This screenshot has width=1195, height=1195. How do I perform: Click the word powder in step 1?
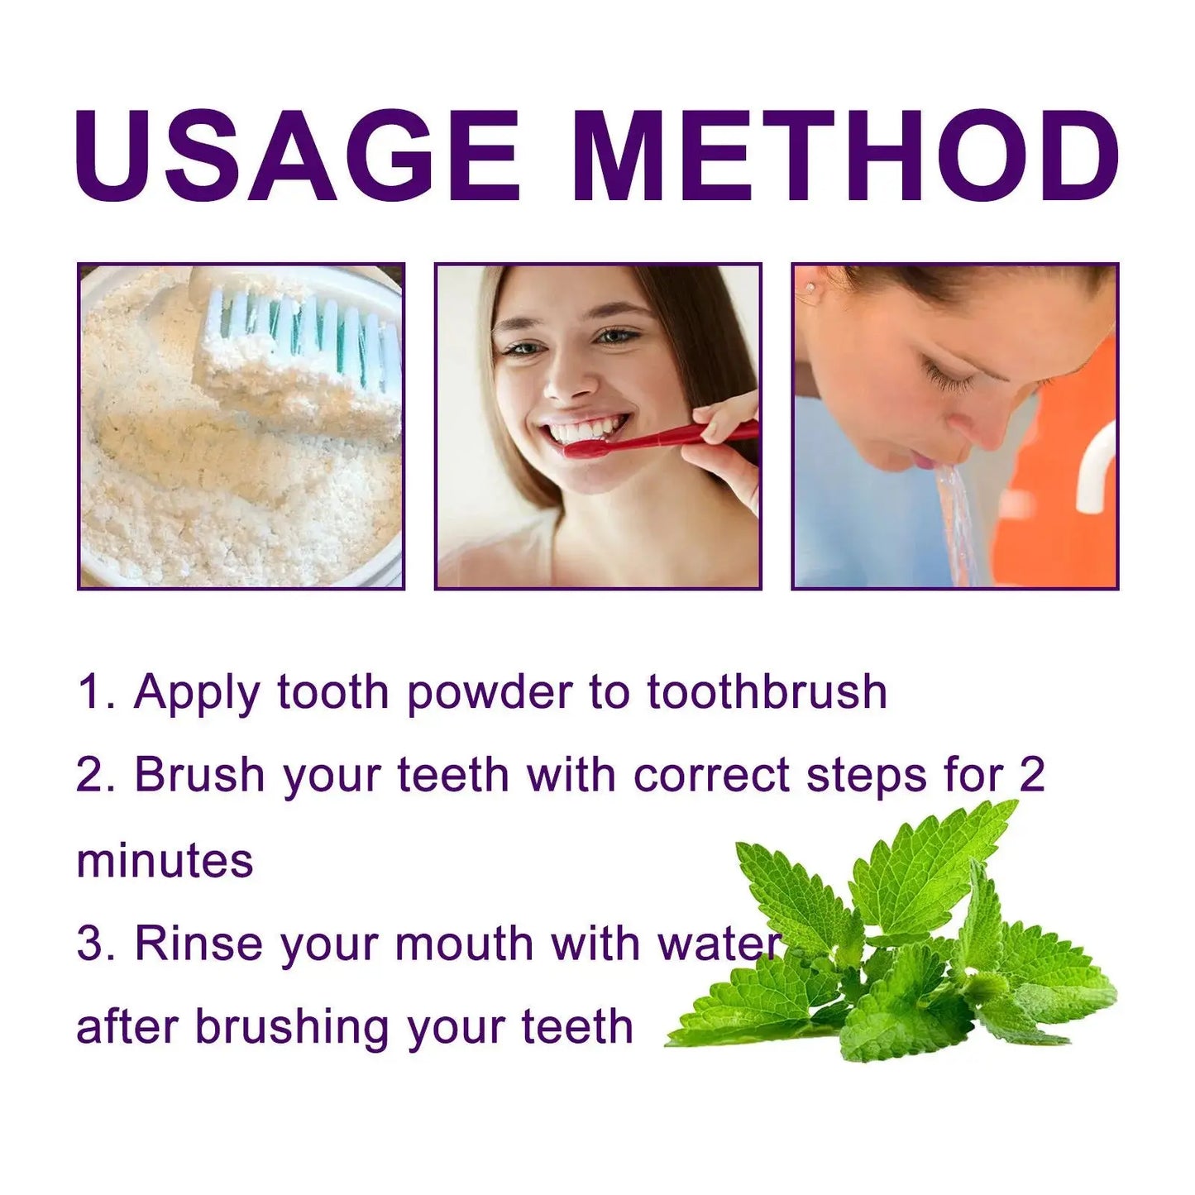489,693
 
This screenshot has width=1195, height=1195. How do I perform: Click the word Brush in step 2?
199,775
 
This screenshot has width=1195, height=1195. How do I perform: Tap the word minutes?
165,860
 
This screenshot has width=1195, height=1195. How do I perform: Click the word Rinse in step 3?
198,944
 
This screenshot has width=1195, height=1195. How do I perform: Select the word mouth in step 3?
464,944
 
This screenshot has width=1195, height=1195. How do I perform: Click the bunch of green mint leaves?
901,943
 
